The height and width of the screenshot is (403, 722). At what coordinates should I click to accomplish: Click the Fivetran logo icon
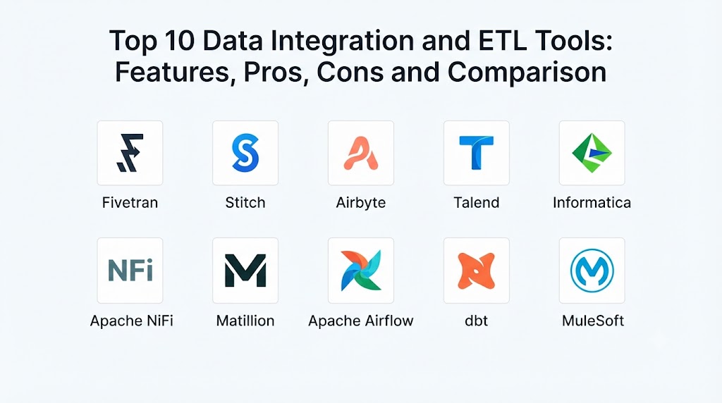coord(130,153)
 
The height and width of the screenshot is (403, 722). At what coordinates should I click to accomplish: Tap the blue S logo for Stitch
coord(245,153)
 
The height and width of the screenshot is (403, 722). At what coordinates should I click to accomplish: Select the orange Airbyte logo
coord(361,153)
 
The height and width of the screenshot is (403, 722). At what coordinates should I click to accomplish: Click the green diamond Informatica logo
coord(592,153)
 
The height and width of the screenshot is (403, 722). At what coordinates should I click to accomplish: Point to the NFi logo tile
coord(130,271)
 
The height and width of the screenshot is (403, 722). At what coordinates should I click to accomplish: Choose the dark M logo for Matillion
coord(245,271)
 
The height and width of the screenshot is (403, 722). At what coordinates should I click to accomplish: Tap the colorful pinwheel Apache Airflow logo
coord(361,271)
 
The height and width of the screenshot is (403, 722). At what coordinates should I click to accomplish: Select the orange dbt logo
coord(477,271)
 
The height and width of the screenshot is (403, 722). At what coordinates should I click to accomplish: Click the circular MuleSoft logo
coord(592,271)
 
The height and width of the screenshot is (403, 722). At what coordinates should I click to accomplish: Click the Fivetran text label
coord(130,202)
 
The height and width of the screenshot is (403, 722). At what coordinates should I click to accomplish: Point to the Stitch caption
coord(245,202)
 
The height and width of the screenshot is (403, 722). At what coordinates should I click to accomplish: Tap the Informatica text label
coord(592,202)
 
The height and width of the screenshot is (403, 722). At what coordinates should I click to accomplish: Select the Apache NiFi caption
coord(132,321)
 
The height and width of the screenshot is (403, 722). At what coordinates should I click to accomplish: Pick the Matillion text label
coord(245,321)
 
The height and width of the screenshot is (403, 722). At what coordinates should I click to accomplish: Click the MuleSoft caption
coord(593,321)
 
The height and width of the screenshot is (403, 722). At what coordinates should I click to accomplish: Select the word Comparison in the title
coord(527,73)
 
